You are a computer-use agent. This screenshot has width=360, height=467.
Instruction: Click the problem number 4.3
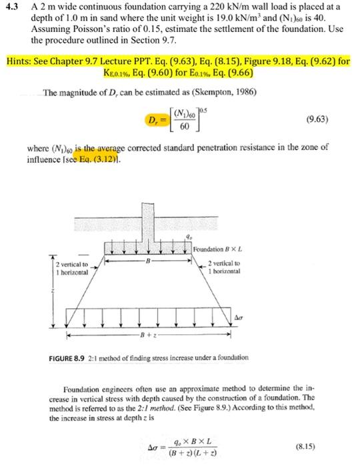coord(12,7)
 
